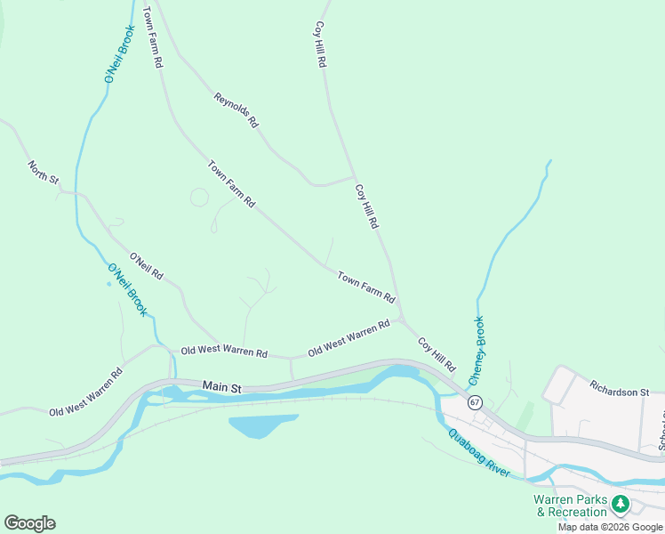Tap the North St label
(x=43, y=173)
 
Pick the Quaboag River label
(x=479, y=454)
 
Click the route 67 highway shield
(x=475, y=402)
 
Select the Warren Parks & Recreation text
(x=570, y=506)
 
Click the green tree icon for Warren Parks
(x=621, y=505)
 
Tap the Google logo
(x=29, y=523)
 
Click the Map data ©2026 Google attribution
(x=611, y=527)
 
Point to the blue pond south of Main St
(x=262, y=425)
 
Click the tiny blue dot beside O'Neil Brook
(x=109, y=284)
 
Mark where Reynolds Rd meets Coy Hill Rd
(x=354, y=178)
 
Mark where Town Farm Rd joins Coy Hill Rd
(x=401, y=318)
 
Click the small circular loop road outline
(x=199, y=197)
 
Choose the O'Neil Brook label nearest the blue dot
(x=127, y=290)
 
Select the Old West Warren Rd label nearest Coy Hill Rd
(x=349, y=339)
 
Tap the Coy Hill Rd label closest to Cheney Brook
(x=437, y=354)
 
